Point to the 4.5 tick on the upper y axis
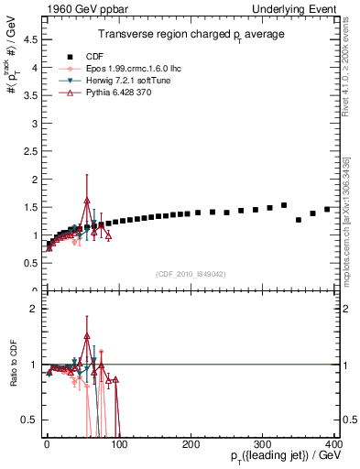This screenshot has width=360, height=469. tap(31, 39)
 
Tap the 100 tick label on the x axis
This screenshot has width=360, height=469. tap(119, 443)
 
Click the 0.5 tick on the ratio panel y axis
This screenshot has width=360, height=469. tap(31, 420)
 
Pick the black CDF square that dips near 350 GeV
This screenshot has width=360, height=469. tap(299, 220)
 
